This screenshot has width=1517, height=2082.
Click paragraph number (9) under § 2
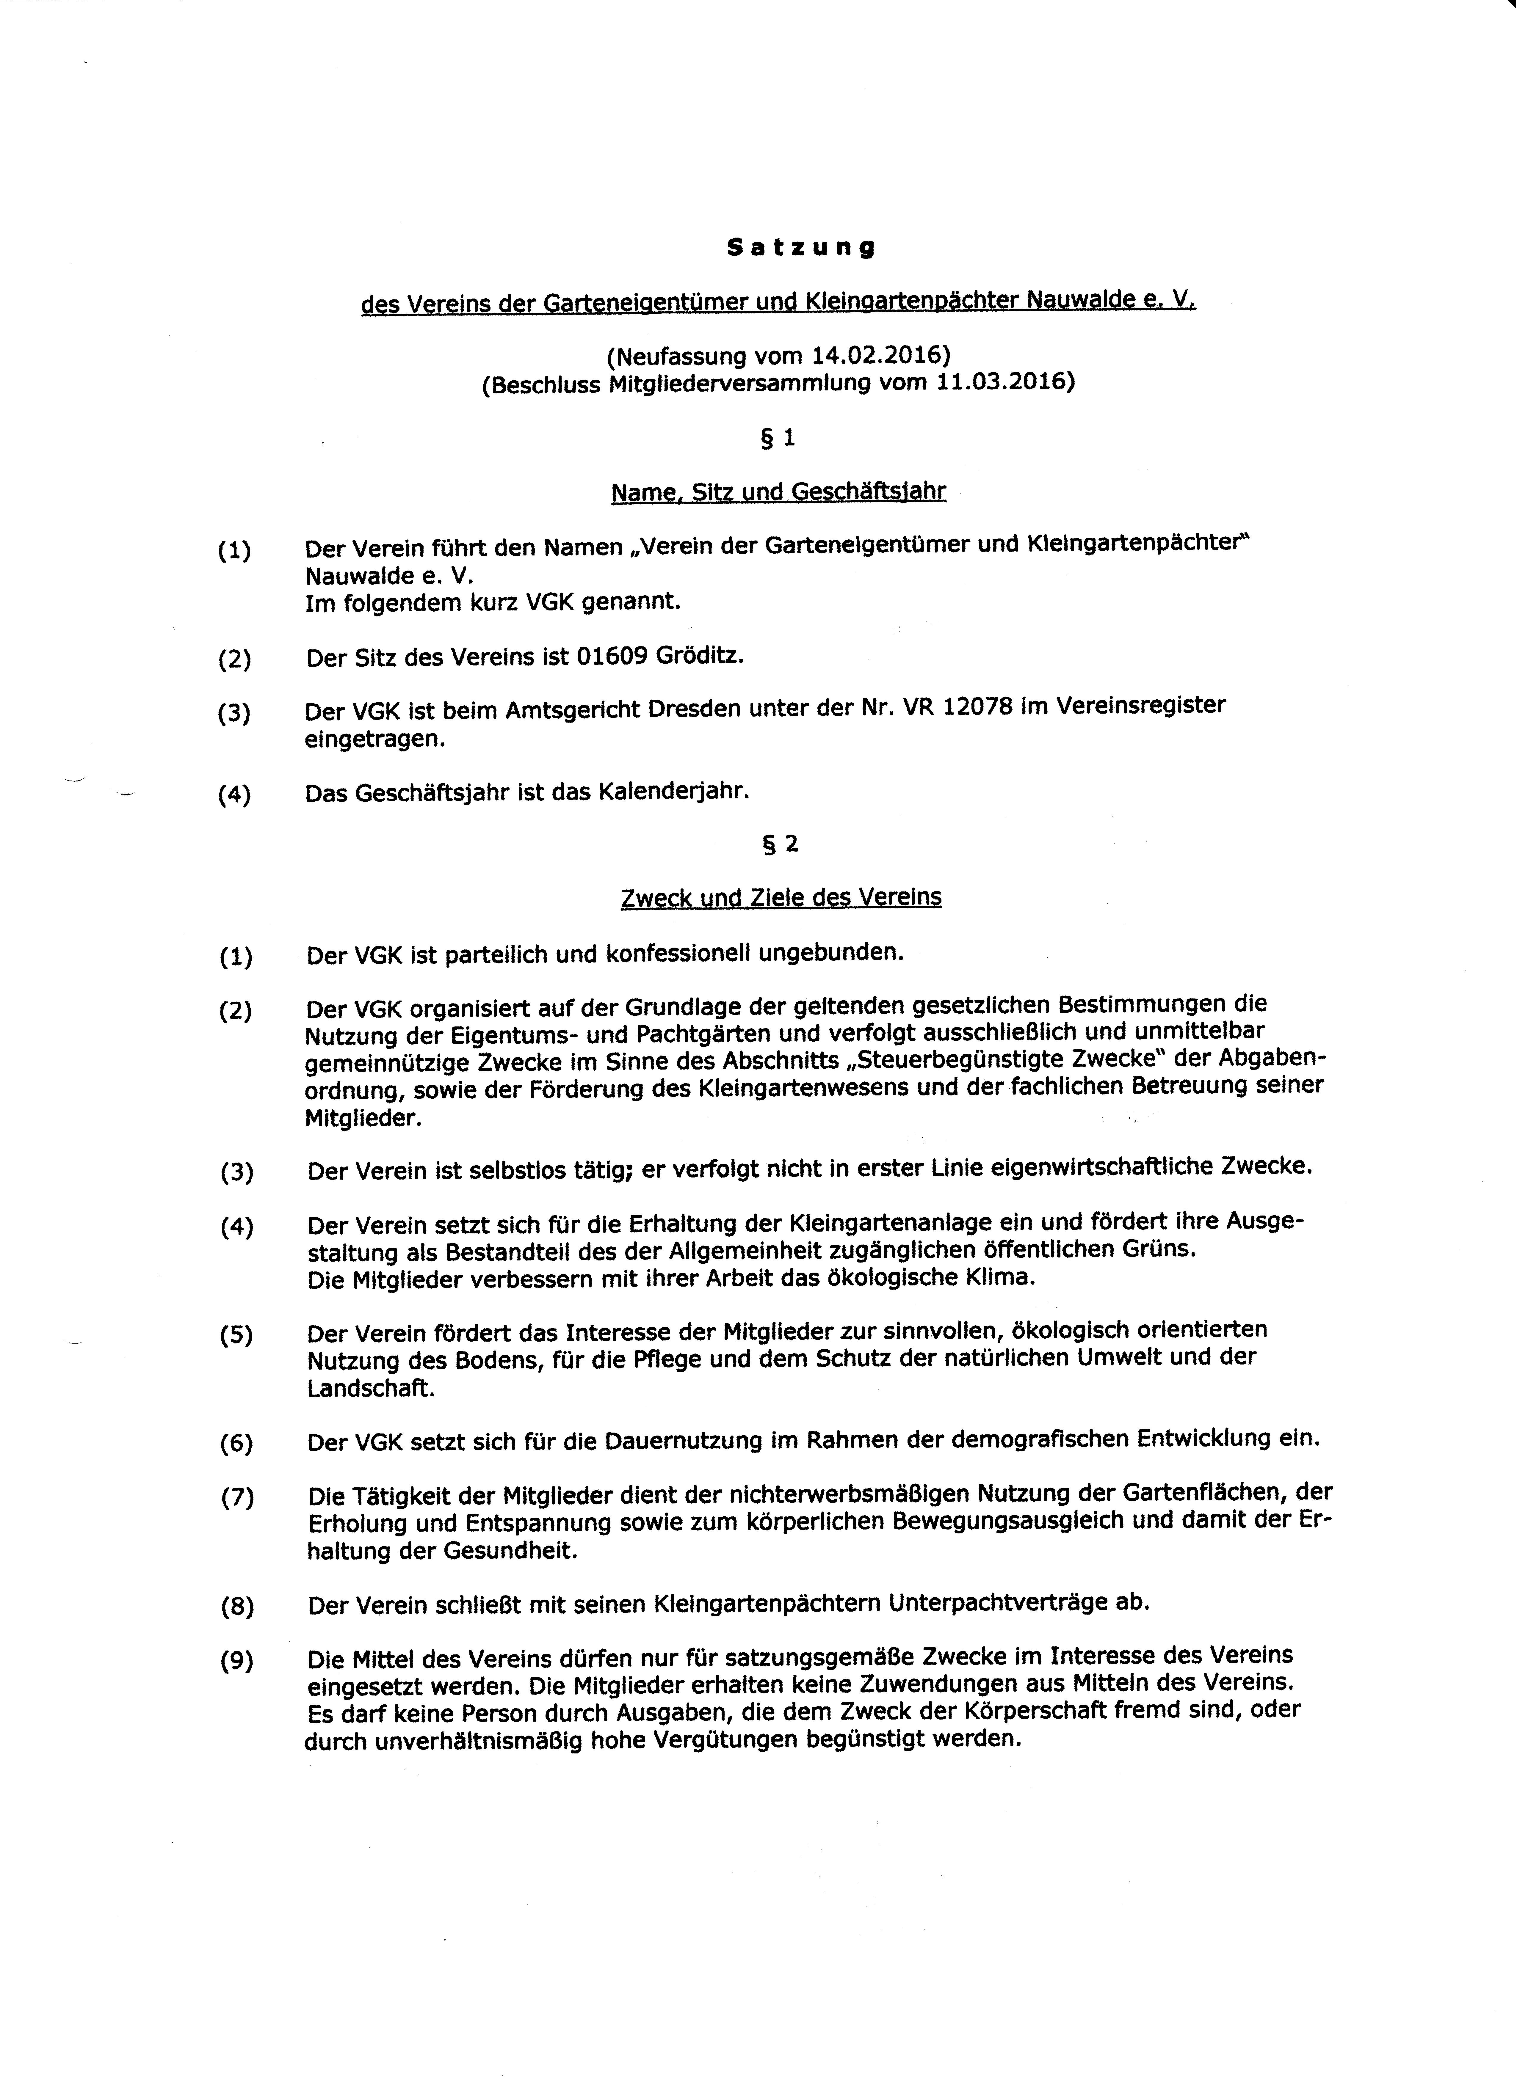point(237,1660)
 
